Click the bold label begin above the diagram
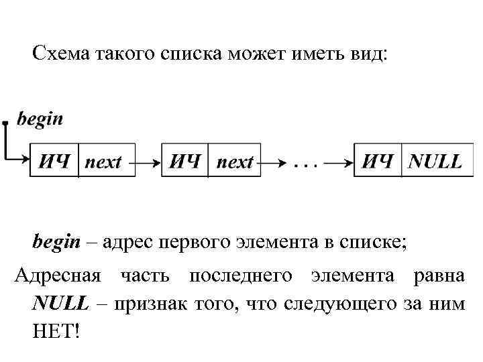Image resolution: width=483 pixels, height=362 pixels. tap(40, 119)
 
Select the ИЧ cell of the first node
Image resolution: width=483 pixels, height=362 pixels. tap(54, 162)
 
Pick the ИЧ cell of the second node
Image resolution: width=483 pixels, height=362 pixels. tap(185, 162)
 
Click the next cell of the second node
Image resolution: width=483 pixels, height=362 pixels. tap(235, 162)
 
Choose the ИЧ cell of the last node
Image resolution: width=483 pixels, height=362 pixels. tap(378, 162)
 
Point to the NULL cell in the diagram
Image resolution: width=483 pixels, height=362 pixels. tap(435, 162)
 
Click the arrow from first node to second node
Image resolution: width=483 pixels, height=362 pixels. tap(148, 162)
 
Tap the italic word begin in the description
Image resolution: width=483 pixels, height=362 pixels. tap(56, 241)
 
